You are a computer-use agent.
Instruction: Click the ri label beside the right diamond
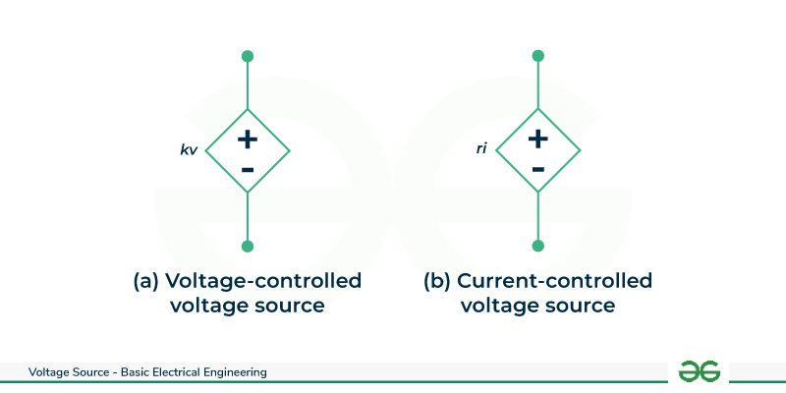click(x=481, y=150)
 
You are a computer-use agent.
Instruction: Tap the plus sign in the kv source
click(x=248, y=139)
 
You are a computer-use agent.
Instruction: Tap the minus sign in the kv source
click(x=248, y=170)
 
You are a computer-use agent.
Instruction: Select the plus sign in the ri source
click(x=537, y=139)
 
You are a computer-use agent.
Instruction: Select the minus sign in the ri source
click(x=537, y=170)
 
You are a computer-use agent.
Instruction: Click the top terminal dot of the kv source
click(x=248, y=56)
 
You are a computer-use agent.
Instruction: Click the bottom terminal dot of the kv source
click(x=248, y=246)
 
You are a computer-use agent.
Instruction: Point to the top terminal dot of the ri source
click(x=537, y=56)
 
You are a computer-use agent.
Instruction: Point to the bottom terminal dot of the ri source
click(x=537, y=246)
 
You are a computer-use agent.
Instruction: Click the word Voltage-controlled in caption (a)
click(x=263, y=281)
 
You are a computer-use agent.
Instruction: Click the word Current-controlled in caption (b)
click(x=555, y=281)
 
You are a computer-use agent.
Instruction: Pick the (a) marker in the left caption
click(x=146, y=281)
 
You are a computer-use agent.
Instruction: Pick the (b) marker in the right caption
click(x=437, y=281)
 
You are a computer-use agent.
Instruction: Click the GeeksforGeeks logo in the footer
click(x=699, y=371)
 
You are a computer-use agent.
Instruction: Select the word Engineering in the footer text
click(x=234, y=372)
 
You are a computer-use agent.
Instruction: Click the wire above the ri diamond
click(x=537, y=84)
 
